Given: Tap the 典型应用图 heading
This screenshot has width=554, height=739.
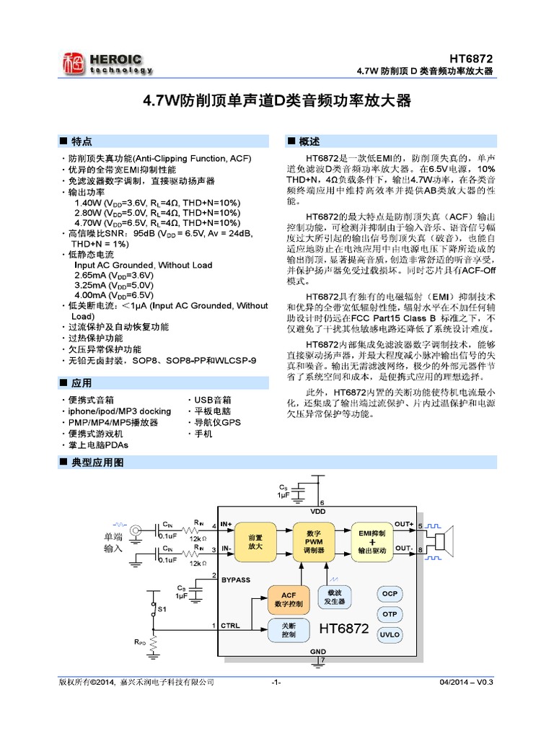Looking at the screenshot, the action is [97, 461].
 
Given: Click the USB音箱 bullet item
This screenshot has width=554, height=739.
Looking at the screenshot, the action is [212, 399].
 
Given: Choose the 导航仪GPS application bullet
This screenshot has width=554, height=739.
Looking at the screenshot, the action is [217, 422].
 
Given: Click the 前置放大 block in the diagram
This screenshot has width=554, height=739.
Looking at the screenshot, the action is [255, 543].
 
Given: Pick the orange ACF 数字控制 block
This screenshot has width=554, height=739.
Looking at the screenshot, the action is [288, 598].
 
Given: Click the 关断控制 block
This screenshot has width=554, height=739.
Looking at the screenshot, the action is [289, 629].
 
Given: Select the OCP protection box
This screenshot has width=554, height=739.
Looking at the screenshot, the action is [390, 593].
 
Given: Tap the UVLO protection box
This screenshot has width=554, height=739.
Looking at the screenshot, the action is [390, 634].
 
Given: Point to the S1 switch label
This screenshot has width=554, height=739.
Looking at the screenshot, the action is [162, 610].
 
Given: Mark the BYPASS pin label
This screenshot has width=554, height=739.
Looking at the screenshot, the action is [236, 580].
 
